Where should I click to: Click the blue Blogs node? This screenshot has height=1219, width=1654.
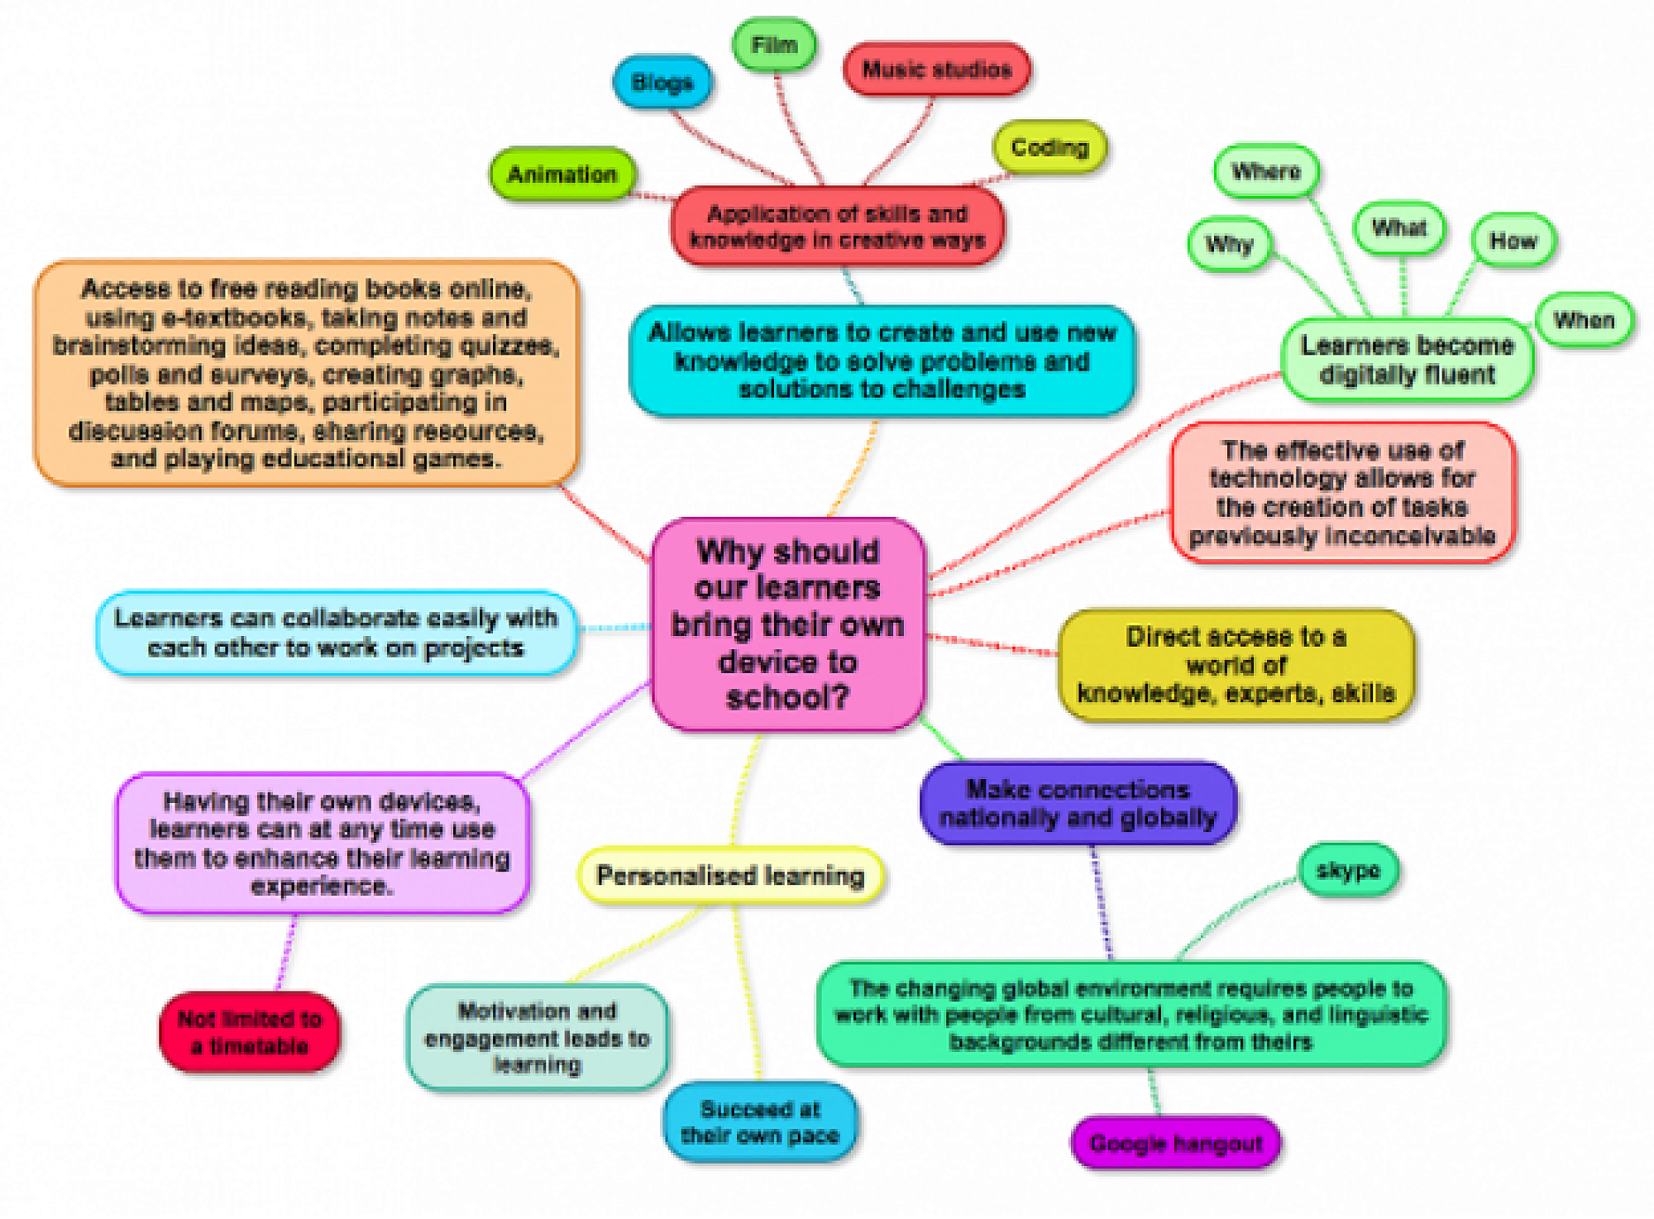(x=662, y=82)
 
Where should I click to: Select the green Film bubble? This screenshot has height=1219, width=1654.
(x=774, y=44)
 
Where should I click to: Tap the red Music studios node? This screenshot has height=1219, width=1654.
(x=937, y=69)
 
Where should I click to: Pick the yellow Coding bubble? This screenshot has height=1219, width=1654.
(x=1049, y=147)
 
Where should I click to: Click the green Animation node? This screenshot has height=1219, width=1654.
(x=562, y=174)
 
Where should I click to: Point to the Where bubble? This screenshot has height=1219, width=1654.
(x=1266, y=171)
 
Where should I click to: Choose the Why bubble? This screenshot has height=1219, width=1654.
(x=1229, y=244)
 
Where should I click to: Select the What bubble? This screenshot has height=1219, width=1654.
(x=1399, y=227)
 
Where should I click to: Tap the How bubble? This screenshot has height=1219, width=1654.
(x=1513, y=241)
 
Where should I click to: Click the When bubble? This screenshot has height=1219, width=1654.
(x=1584, y=320)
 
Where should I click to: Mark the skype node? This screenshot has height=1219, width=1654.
(x=1348, y=870)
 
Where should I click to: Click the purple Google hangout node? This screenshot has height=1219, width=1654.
(x=1176, y=1144)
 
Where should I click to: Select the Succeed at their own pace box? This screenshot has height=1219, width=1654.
(x=760, y=1122)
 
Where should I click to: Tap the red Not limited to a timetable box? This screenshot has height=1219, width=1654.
(x=250, y=1032)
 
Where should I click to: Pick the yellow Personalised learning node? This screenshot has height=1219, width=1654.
(x=730, y=875)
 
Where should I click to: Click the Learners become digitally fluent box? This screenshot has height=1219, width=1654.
(x=1407, y=360)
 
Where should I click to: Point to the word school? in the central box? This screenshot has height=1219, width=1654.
(x=787, y=697)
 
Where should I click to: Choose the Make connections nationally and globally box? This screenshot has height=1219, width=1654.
(x=1078, y=803)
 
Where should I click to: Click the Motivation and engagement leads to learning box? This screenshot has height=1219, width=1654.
(x=537, y=1038)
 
